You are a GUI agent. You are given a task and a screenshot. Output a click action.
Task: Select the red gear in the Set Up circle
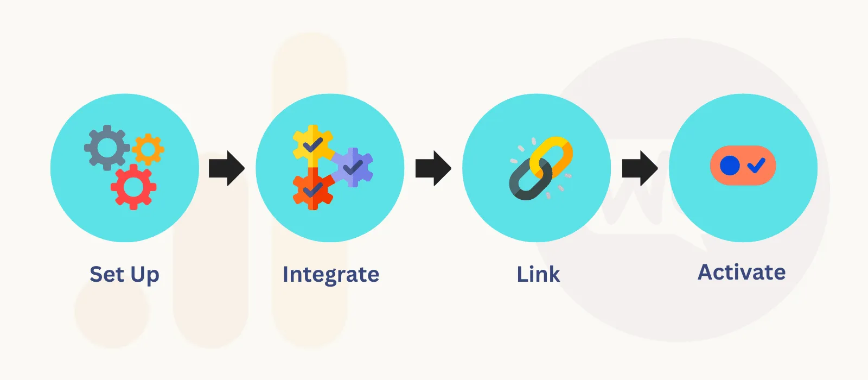[133, 187]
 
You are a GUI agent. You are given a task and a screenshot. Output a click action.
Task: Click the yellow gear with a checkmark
[312, 144]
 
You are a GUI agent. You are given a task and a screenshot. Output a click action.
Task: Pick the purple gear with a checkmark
[353, 167]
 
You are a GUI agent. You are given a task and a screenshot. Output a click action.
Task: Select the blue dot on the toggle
[730, 165]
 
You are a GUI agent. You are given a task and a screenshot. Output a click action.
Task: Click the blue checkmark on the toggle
[756, 165]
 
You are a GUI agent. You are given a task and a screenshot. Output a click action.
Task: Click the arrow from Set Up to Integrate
[227, 168]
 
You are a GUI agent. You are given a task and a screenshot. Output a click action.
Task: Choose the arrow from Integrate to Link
[433, 168]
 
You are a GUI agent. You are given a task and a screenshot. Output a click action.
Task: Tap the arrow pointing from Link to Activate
[640, 168]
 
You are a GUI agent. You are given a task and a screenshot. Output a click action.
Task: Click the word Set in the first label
[107, 274]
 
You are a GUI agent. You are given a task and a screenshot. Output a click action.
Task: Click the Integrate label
[330, 275]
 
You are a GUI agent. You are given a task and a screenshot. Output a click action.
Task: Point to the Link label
[538, 274]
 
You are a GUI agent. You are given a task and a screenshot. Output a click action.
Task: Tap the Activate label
[741, 272]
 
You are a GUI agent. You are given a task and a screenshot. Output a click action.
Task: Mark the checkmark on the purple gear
[353, 167]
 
